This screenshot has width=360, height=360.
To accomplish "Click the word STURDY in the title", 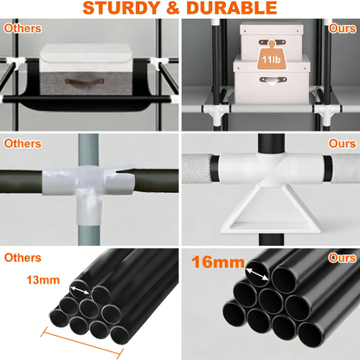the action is [x=122, y=8].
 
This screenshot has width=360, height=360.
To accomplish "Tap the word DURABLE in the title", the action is [x=232, y=8].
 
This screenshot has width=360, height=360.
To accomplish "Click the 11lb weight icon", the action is [x=271, y=56].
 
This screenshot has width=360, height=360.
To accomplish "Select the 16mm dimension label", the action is [x=218, y=262].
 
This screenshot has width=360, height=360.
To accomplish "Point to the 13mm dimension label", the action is [x=43, y=280].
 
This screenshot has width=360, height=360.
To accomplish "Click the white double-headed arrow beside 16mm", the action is [x=257, y=274].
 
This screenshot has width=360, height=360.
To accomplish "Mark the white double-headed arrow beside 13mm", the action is [x=80, y=290].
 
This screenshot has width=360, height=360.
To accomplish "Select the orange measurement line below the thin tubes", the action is [x=81, y=343].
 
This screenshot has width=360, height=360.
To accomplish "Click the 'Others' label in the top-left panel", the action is [x=22, y=29].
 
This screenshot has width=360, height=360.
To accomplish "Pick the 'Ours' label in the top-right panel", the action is [x=343, y=29].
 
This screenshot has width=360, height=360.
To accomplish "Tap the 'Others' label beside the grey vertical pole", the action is [x=22, y=144].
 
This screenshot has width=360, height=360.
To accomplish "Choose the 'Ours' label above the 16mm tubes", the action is [x=343, y=258].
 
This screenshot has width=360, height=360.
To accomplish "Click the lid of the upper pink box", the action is [x=272, y=28].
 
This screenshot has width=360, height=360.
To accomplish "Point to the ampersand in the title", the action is [x=173, y=8].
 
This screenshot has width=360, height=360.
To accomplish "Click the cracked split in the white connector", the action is [x=123, y=170].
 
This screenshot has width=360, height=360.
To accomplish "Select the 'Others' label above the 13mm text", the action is [x=22, y=258].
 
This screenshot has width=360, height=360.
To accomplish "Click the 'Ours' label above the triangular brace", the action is [x=343, y=144].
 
